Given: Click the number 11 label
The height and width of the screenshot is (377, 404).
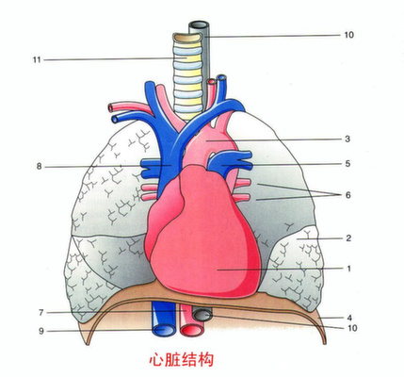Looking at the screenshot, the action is click(x=37, y=59).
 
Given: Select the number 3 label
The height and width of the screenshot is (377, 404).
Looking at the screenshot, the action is click(x=347, y=139).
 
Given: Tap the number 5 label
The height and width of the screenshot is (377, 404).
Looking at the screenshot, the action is click(x=347, y=164).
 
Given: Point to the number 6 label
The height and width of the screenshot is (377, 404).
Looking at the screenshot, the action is click(x=347, y=195).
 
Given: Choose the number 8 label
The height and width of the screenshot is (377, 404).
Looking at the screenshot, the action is click(x=39, y=166).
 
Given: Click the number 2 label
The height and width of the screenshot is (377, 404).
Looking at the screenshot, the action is click(x=348, y=238).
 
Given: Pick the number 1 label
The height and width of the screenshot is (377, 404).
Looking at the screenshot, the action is click(x=348, y=269).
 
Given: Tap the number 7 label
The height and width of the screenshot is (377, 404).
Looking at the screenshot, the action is click(x=40, y=313).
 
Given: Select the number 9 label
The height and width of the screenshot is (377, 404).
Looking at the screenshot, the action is click(x=41, y=331).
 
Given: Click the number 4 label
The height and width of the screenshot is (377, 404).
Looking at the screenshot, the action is click(x=349, y=318).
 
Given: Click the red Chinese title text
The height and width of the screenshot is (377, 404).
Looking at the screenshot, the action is click(x=182, y=359).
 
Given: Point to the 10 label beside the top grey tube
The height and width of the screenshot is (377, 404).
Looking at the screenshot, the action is click(x=348, y=35).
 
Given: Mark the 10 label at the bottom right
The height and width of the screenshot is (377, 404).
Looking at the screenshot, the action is click(x=352, y=328).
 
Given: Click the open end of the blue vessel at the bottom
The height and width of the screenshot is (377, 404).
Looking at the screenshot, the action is click(x=164, y=330).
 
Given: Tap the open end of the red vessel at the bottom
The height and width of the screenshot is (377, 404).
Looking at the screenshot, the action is click(x=192, y=331).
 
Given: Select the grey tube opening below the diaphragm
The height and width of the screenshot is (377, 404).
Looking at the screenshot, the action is click(x=202, y=315).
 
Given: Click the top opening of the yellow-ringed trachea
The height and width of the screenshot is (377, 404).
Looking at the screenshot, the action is click(x=187, y=38).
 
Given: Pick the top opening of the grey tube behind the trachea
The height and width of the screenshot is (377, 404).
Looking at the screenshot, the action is click(x=199, y=25).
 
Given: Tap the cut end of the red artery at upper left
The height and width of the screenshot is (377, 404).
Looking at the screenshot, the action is click(x=110, y=107).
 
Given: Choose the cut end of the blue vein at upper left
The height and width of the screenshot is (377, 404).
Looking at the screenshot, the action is click(x=115, y=119).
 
